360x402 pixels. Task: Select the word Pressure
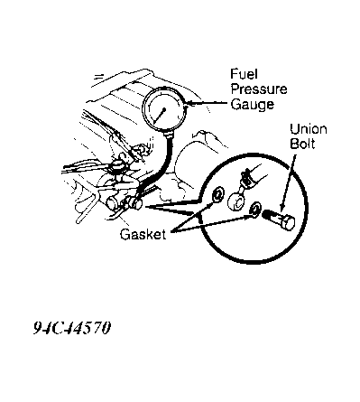point(259,89)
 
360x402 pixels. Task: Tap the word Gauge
point(253,104)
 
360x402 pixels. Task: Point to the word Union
point(309,129)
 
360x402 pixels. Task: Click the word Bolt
point(302,144)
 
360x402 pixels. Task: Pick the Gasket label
point(143,234)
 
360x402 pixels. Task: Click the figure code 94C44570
point(72,328)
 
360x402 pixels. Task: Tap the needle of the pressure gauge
point(160,116)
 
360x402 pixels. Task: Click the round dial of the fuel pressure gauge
point(164,109)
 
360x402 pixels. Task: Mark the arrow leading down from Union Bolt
point(288,182)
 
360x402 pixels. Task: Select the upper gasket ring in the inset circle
point(217,195)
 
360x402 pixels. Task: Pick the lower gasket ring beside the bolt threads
point(256,209)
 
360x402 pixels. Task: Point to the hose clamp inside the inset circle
point(246,178)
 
